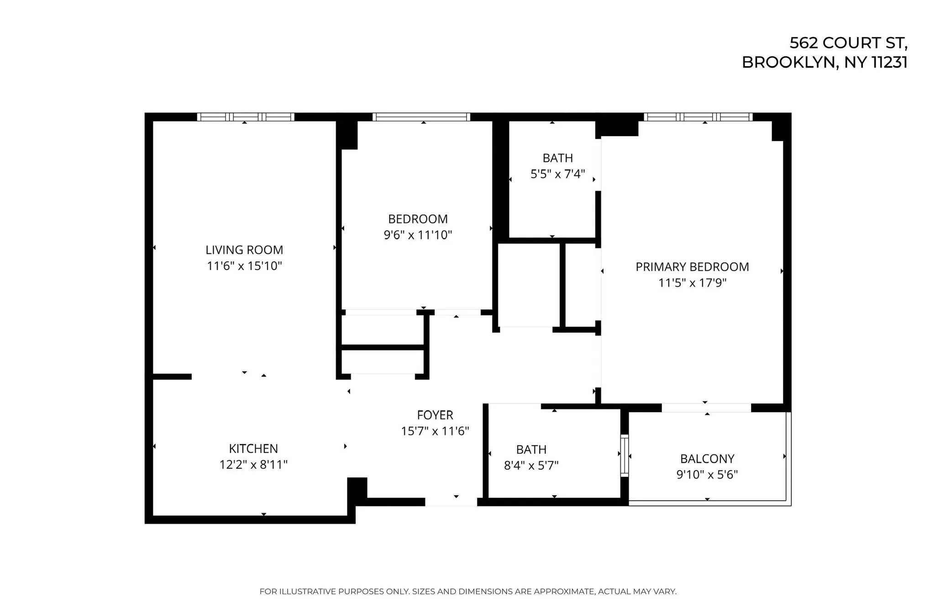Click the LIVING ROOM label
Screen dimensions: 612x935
coord(244,250)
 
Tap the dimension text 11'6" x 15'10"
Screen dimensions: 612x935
coord(244,266)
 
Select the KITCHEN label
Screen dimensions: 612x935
coord(253,448)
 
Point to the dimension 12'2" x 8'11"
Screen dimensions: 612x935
coord(253,464)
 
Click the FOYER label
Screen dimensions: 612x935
coord(435,415)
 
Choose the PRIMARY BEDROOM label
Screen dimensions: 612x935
coord(692,267)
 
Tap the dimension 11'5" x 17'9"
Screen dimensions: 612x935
coord(692,283)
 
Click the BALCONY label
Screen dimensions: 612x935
coord(707,459)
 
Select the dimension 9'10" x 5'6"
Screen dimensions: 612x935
coord(707,475)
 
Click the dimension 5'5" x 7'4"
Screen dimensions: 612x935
coord(557,174)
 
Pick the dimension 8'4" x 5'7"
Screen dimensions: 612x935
coord(531,465)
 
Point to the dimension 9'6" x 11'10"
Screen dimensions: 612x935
coord(418,235)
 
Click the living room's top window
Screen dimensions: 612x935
coord(246,117)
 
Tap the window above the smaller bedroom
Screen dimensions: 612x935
coord(421,117)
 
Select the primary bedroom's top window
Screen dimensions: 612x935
coord(698,117)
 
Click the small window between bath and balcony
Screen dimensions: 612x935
coord(624,456)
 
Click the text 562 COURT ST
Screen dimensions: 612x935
coord(848,43)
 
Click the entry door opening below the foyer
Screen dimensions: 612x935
coord(451,502)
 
